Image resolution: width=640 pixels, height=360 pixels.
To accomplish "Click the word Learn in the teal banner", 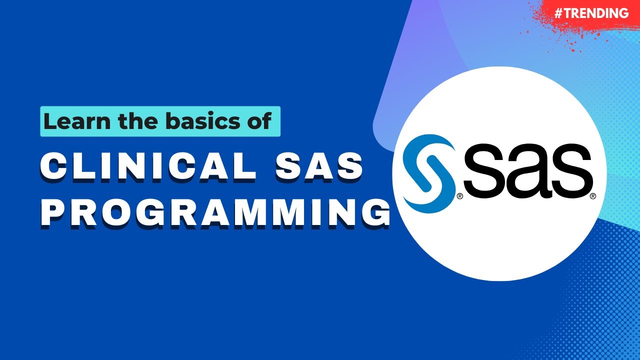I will [74, 121].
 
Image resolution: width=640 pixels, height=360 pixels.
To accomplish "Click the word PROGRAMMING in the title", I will [215, 210].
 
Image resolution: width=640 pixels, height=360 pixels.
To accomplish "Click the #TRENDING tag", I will [591, 13].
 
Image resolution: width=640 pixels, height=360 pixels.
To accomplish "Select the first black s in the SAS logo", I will [486, 172].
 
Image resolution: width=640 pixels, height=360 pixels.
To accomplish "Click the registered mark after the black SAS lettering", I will [593, 196].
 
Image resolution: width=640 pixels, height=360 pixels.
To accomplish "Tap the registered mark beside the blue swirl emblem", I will [459, 196].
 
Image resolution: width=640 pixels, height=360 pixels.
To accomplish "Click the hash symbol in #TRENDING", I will [559, 13].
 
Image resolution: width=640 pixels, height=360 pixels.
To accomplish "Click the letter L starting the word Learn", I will [48, 121].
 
